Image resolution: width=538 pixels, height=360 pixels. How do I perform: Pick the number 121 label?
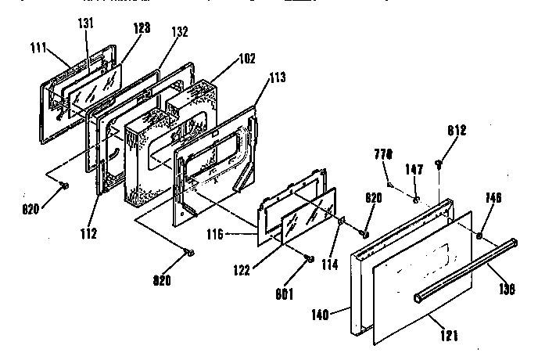(x=449, y=337)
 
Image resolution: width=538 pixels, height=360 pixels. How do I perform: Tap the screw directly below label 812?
(x=439, y=164)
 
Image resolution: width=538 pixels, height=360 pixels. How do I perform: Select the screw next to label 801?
(x=310, y=258)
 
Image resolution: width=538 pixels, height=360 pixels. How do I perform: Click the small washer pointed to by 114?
(x=343, y=222)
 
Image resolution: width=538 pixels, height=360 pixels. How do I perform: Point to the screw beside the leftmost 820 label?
(x=65, y=185)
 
